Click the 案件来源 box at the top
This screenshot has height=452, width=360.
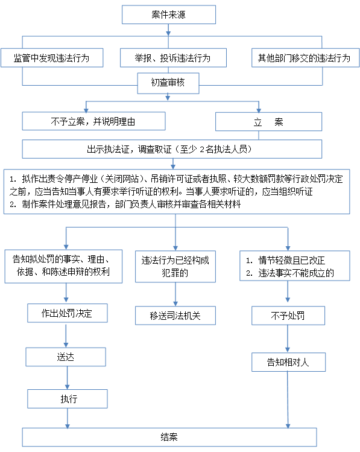[169, 14]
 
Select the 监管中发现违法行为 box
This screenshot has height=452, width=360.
[52, 58]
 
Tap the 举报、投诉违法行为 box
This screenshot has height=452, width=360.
[173, 58]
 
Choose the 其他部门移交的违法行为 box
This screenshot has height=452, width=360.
[305, 58]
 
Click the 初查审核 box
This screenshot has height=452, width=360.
[168, 83]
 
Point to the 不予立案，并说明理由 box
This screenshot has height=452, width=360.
[93, 121]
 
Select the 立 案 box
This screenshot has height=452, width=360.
[268, 122]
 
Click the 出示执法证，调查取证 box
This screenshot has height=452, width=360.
[172, 149]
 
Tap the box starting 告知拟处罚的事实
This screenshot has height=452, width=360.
[63, 266]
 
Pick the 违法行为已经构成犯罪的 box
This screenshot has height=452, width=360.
[175, 266]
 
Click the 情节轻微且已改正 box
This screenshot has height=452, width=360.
[295, 266]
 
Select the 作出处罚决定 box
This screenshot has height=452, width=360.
[68, 313]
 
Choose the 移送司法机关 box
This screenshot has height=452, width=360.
[175, 316]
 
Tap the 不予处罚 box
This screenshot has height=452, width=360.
[288, 316]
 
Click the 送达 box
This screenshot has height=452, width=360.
[66, 357]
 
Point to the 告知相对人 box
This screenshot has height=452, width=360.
[288, 362]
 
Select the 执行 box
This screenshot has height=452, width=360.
[68, 399]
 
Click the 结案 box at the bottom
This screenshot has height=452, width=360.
[169, 438]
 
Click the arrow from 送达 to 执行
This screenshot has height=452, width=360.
[67, 378]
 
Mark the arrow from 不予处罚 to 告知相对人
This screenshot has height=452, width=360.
[288, 339]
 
